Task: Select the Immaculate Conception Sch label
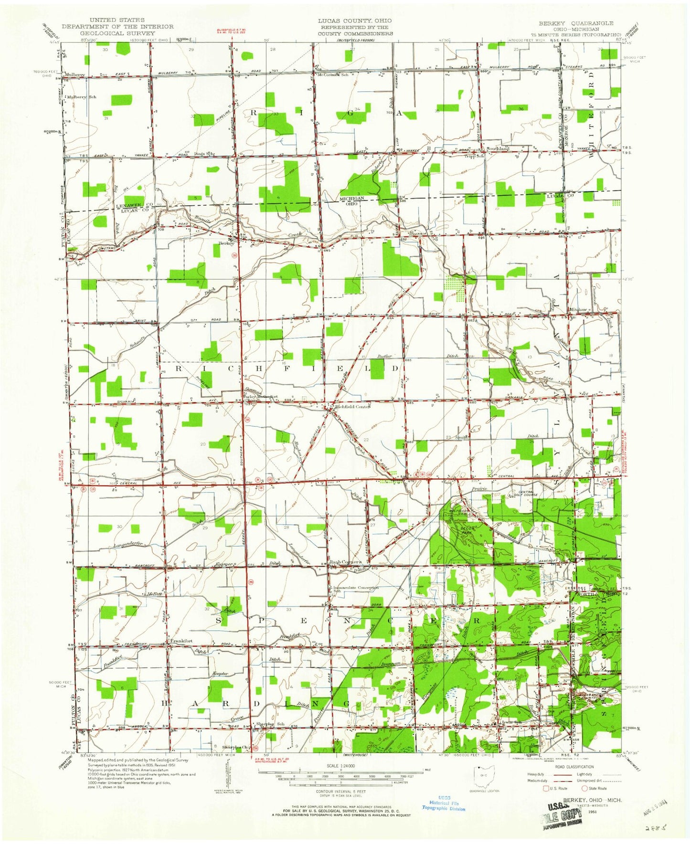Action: (357, 588)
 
